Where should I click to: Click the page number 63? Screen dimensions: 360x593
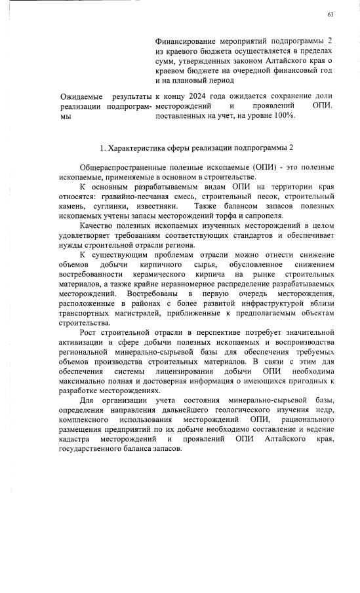click(x=330, y=14)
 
